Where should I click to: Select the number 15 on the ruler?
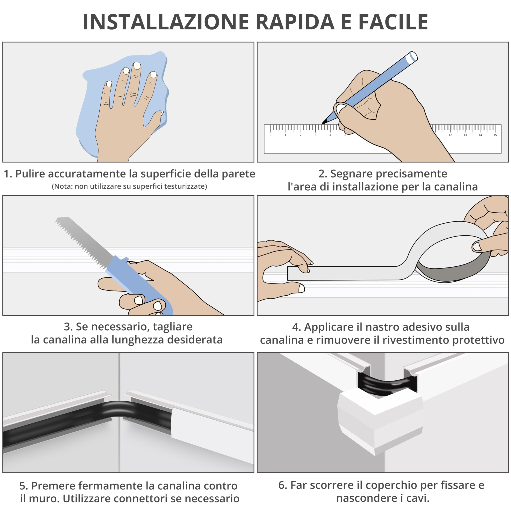[x=495, y=135]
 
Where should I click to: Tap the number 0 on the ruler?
[x=270, y=135]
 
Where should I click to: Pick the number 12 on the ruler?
[x=450, y=135]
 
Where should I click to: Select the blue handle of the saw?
[x=140, y=286]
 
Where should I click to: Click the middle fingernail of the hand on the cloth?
[x=137, y=66]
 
